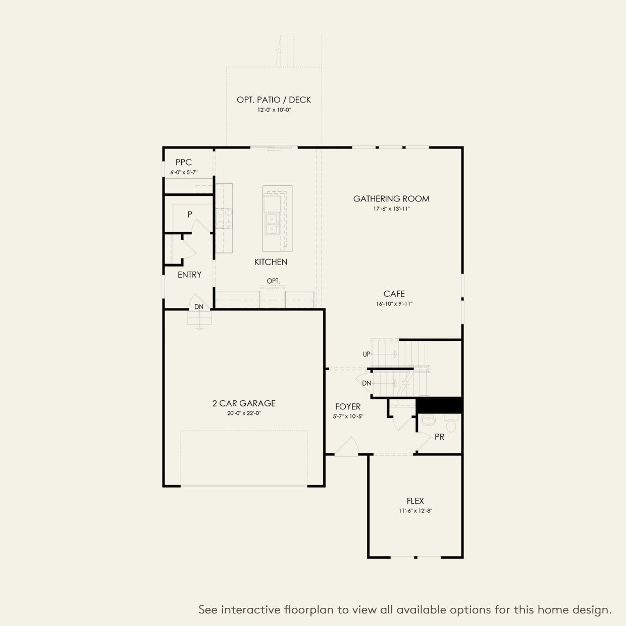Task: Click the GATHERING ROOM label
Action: point(391,198)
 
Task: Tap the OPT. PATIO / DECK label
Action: point(274,100)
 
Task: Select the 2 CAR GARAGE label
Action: point(244,403)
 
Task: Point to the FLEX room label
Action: point(415,501)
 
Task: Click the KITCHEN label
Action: point(271,262)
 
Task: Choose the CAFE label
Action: point(394,294)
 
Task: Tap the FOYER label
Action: point(348,406)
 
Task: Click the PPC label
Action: point(184,163)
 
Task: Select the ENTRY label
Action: point(189,275)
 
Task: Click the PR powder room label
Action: point(439,437)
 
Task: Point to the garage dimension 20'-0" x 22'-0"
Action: point(244,413)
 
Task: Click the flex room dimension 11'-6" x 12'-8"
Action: point(415,511)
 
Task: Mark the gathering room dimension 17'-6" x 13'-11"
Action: point(391,208)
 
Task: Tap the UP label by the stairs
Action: point(367,354)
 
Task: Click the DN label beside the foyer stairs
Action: point(367,383)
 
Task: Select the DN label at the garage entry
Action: point(199,307)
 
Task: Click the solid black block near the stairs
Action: point(439,405)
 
